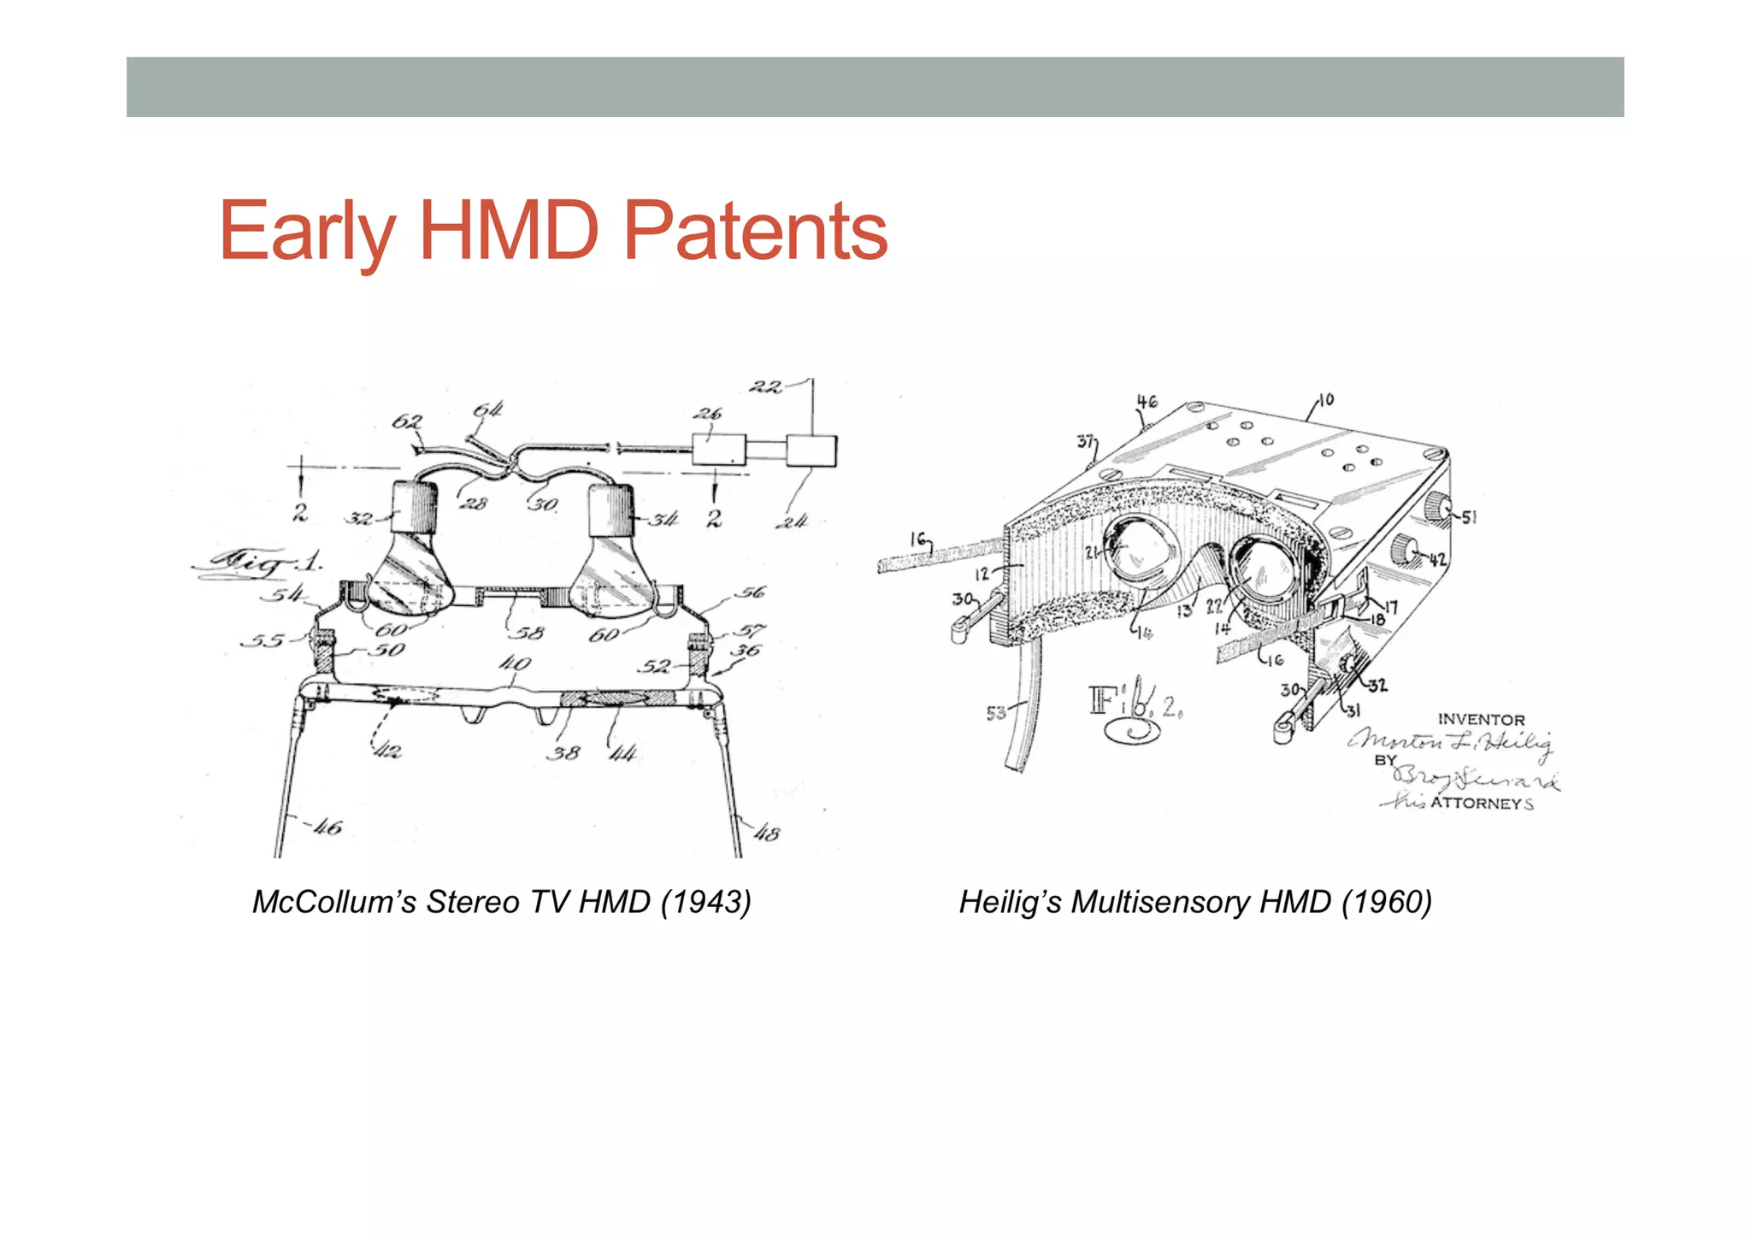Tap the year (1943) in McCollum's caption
(706, 902)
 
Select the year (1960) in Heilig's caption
(1386, 902)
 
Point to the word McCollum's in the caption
(333, 902)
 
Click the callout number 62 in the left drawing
(406, 421)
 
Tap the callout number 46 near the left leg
(327, 827)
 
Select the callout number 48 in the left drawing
(766, 832)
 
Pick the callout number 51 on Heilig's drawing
(1468, 517)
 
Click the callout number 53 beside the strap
(996, 712)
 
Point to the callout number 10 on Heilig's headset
(1325, 400)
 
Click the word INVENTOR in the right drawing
(1481, 720)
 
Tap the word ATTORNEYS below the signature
(1481, 804)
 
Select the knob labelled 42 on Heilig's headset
(1405, 549)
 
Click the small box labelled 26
(717, 450)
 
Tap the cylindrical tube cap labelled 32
(414, 507)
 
